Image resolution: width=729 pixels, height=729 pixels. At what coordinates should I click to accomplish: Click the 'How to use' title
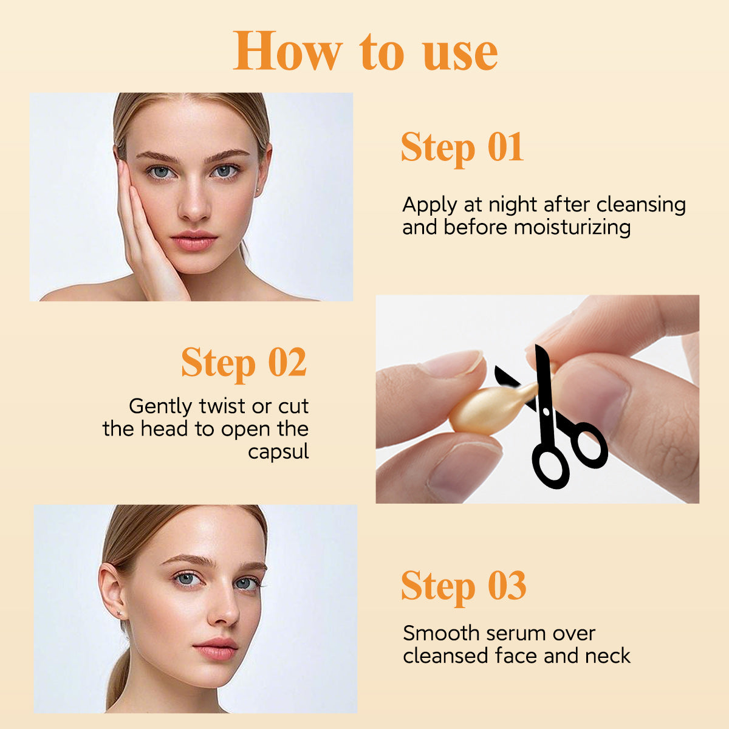pos(365,52)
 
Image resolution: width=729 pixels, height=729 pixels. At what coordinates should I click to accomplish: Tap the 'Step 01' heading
pos(462,148)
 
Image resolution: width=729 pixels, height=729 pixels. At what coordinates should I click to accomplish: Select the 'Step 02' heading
pos(244,363)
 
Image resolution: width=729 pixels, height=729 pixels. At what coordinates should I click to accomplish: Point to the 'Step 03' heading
pos(463,586)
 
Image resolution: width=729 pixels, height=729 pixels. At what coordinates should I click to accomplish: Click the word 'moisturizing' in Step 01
pos(573,228)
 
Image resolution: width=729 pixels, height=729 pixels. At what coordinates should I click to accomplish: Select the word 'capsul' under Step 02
pos(278,451)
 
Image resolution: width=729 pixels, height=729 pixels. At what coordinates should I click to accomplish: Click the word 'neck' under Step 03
pos(607,656)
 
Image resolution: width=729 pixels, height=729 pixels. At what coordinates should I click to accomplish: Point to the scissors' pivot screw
pos(546,412)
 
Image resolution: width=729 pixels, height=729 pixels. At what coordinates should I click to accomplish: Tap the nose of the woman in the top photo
pos(194,207)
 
